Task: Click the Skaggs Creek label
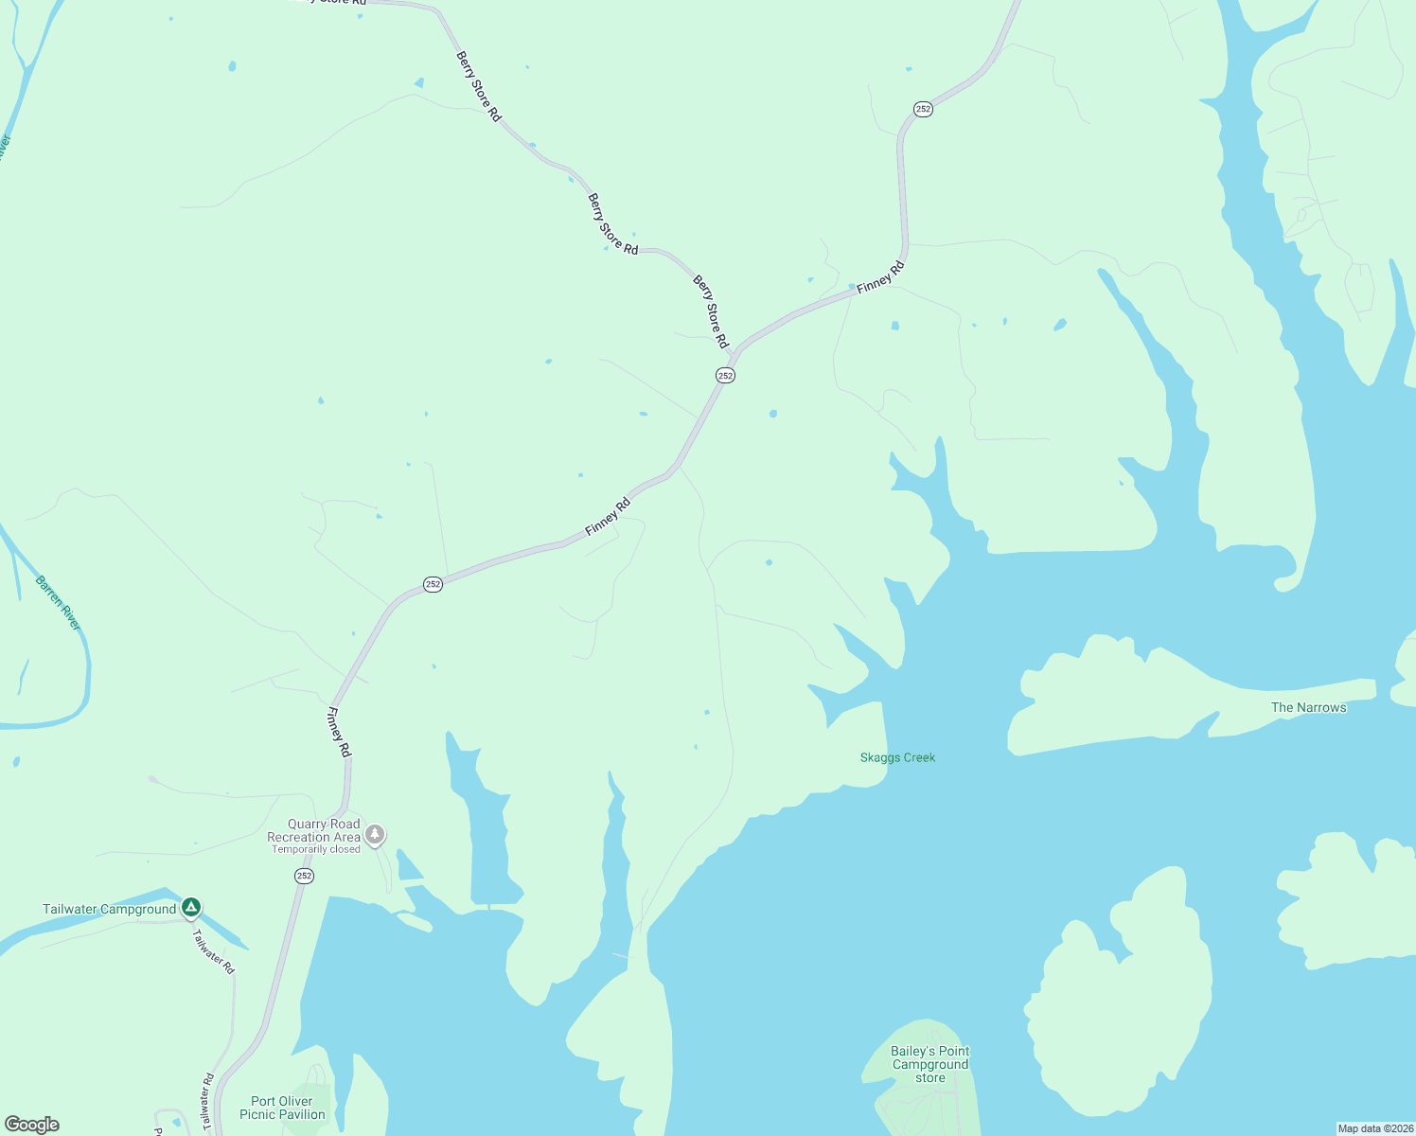(897, 757)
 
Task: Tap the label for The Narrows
(1308, 707)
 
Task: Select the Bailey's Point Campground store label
(929, 1064)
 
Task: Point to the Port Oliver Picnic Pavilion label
(282, 1108)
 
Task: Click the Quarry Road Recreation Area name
(314, 830)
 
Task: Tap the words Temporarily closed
(316, 849)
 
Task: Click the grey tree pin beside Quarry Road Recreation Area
(376, 834)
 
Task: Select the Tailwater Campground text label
(109, 909)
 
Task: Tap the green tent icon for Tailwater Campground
(191, 908)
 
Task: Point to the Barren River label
(59, 603)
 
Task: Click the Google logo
(32, 1125)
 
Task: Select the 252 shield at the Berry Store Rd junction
(725, 376)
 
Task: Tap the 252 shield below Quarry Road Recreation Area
(304, 876)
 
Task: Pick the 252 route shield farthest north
(923, 109)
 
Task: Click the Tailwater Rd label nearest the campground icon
(213, 951)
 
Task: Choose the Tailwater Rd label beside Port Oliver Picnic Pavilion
(207, 1102)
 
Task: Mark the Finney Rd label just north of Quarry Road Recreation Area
(339, 732)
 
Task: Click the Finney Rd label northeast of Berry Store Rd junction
(880, 276)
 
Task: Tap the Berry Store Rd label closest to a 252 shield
(711, 311)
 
